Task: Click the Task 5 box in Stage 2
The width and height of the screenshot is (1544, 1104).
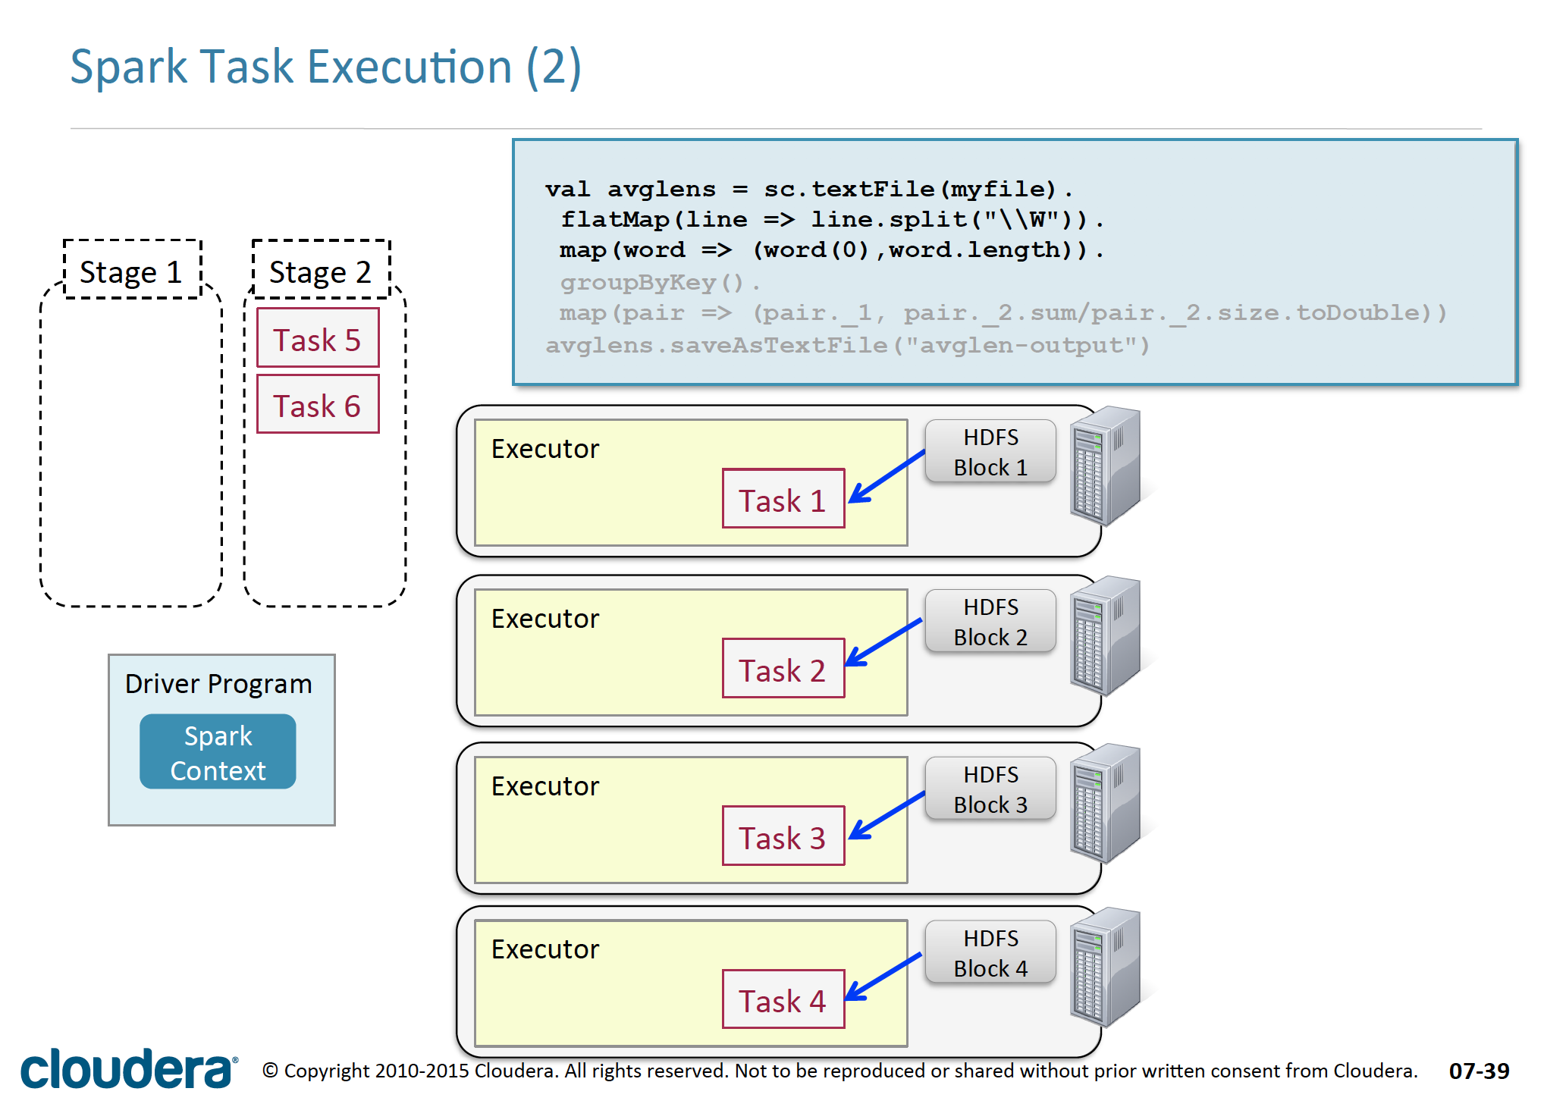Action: click(318, 338)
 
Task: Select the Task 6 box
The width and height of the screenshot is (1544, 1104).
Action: click(318, 404)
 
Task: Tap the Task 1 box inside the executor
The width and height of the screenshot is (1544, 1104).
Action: click(783, 499)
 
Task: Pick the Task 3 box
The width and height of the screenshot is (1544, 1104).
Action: click(783, 836)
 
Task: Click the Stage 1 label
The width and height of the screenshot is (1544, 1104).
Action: click(132, 271)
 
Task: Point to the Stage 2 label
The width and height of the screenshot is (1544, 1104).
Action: click(321, 271)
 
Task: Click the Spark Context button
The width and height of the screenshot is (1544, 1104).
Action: click(218, 752)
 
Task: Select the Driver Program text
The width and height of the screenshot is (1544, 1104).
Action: click(218, 684)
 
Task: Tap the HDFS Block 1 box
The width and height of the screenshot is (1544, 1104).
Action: click(990, 452)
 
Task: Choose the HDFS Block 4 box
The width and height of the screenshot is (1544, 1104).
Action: click(990, 953)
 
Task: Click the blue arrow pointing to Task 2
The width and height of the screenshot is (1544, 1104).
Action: click(884, 643)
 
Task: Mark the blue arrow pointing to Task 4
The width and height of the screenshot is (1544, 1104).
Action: click(884, 977)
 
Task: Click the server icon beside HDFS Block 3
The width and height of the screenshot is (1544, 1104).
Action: click(1105, 804)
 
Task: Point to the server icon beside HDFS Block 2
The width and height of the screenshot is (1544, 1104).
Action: click(1105, 635)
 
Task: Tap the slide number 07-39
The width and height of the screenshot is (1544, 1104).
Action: click(1479, 1071)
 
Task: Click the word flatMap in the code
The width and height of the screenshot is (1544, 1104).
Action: click(615, 220)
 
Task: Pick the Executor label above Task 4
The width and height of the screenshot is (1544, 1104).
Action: click(544, 949)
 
